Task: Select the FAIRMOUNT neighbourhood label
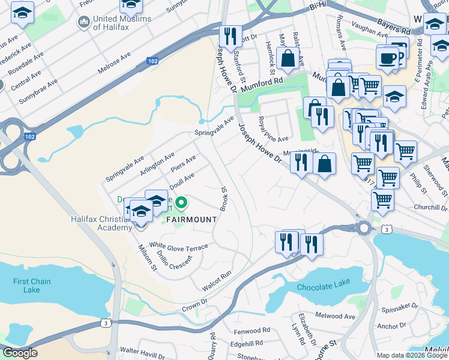click(x=191, y=220)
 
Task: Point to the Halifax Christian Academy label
click(x=101, y=224)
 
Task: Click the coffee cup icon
click(x=388, y=59)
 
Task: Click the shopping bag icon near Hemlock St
click(x=288, y=58)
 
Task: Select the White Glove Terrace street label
click(x=179, y=247)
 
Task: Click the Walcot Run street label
click(x=217, y=281)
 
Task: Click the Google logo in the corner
click(x=20, y=353)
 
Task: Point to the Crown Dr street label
click(x=191, y=306)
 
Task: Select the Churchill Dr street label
click(x=431, y=207)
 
